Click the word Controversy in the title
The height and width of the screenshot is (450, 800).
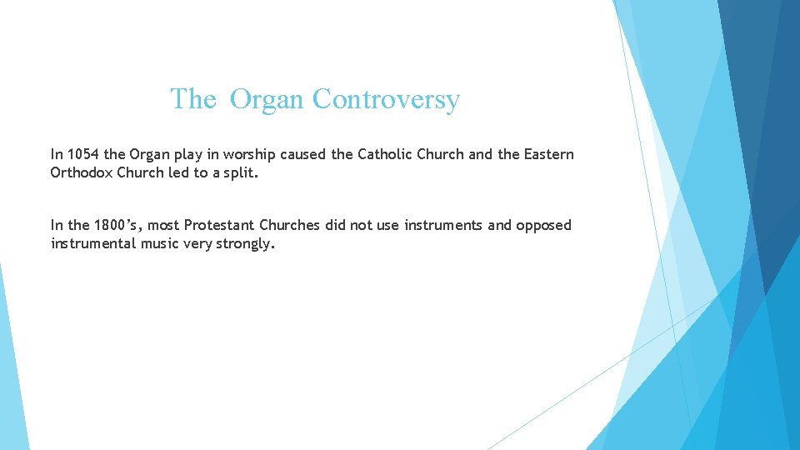[386, 99]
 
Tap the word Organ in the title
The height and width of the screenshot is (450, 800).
[267, 100]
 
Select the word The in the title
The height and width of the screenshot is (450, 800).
[193, 99]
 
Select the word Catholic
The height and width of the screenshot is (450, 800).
[386, 154]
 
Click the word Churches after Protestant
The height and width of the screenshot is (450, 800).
[290, 225]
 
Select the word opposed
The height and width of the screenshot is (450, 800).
[544, 225]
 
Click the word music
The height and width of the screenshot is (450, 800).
[161, 243]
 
